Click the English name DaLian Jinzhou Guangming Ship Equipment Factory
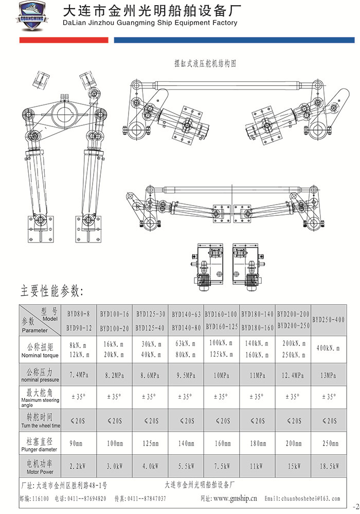pyautogui.click(x=149, y=23)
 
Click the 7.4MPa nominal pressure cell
pyautogui.click(x=79, y=375)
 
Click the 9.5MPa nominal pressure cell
pyautogui.click(x=186, y=375)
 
